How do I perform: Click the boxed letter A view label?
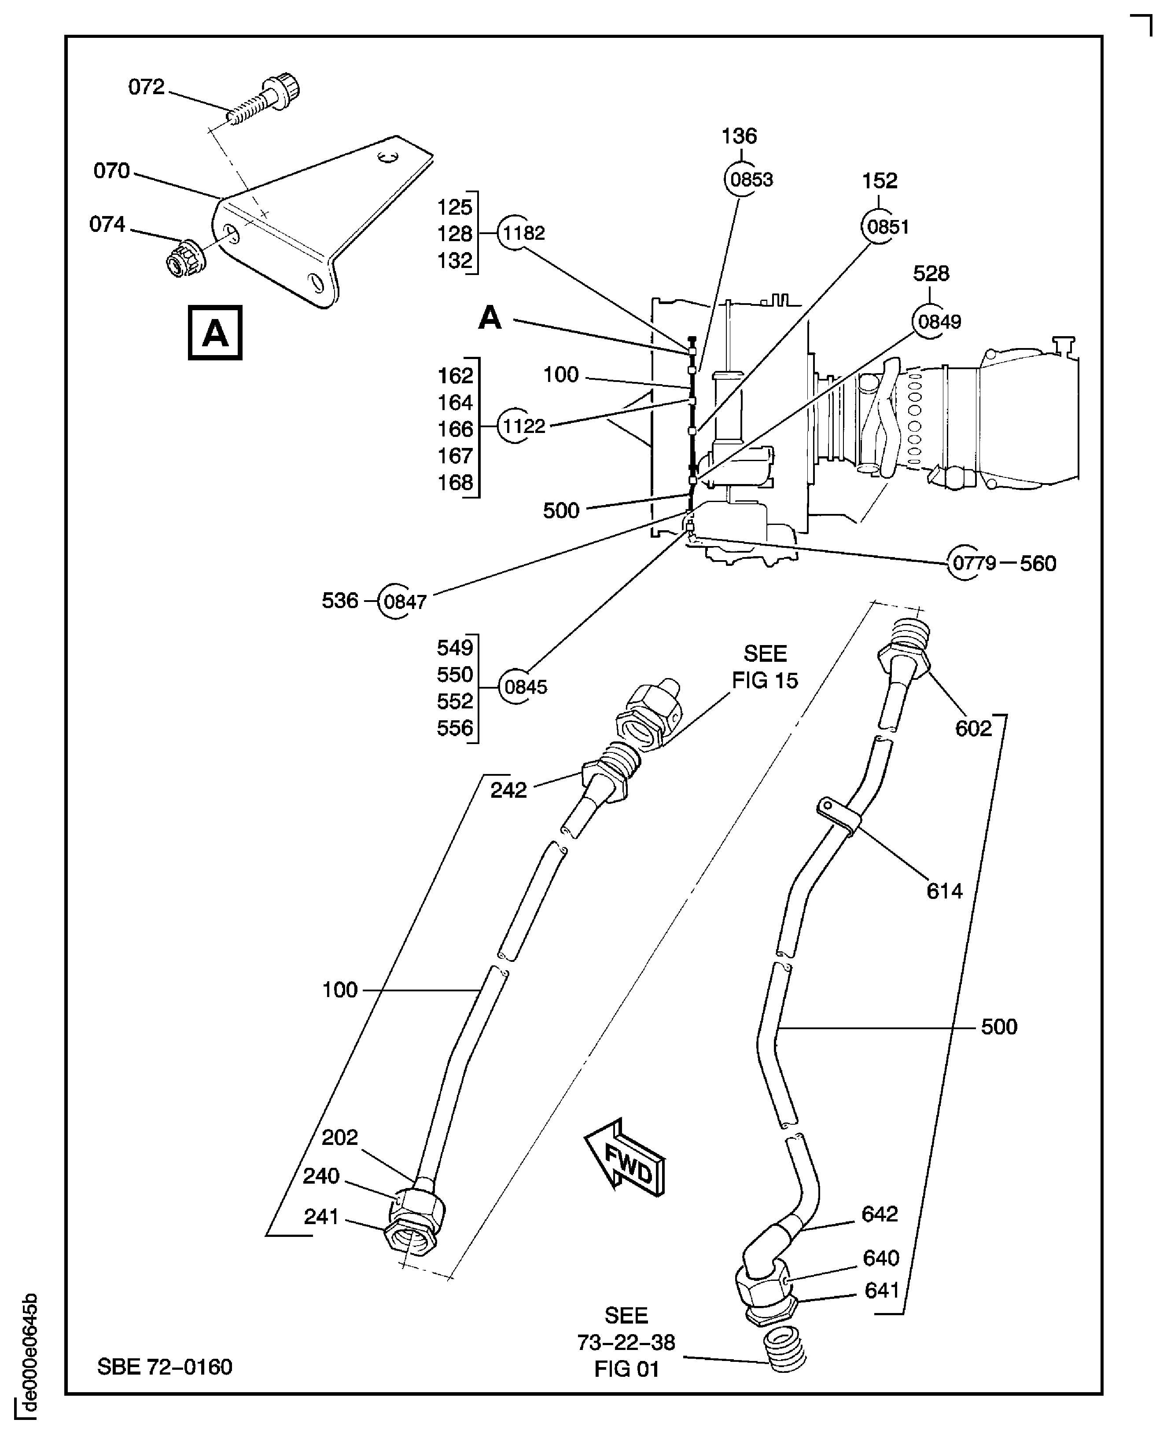[215, 333]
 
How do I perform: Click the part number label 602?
[973, 728]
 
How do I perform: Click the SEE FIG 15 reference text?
[764, 667]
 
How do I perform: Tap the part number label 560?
[1038, 564]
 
